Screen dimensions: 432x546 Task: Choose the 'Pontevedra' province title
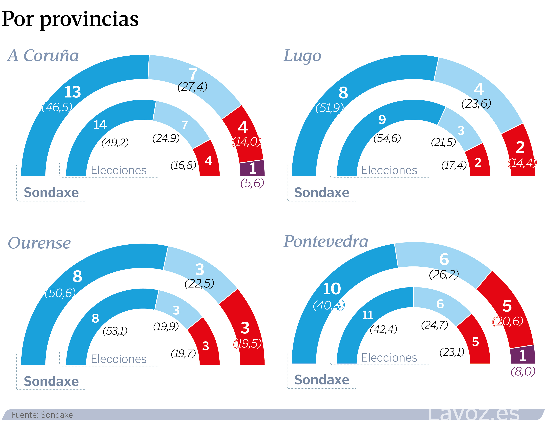point(326,241)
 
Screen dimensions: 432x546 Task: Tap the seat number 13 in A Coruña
point(73,92)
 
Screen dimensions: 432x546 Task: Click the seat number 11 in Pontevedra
point(367,315)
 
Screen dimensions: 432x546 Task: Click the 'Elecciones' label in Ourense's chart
point(119,359)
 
